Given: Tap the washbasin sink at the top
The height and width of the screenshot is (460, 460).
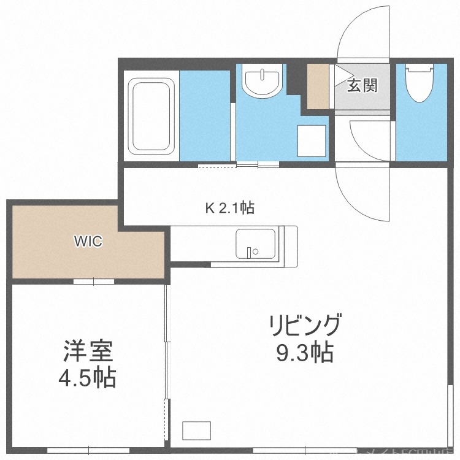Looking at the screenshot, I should (x=263, y=83).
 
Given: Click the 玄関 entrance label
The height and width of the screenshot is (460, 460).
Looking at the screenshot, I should (x=362, y=86).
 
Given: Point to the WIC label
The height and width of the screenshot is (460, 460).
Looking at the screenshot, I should (x=88, y=242).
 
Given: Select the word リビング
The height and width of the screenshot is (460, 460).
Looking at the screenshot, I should (x=304, y=324).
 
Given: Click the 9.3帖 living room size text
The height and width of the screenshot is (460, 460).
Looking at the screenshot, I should (x=305, y=353).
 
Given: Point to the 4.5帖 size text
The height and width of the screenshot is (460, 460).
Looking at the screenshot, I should (x=87, y=378).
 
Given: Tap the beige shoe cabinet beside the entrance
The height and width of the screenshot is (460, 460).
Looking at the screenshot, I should (x=318, y=86).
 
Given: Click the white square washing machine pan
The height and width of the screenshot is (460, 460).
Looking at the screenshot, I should (x=312, y=139).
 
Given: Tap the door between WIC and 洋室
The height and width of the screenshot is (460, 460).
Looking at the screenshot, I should (x=94, y=282).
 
